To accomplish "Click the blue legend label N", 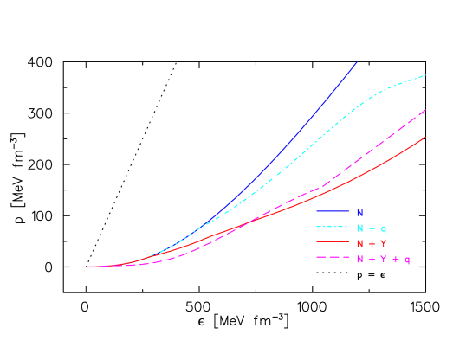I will (359, 212).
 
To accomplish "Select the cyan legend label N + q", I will (371, 228).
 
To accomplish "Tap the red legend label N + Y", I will (371, 243).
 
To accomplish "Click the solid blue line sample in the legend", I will (333, 212).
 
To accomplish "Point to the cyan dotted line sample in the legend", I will (333, 228).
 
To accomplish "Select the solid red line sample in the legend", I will (333, 243).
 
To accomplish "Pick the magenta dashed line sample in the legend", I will (333, 259).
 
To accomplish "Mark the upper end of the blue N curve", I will (358, 61).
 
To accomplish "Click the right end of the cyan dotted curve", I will (426, 76).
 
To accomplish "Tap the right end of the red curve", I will (426, 137).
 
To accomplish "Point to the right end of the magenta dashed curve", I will (426, 110).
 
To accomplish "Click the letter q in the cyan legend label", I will (384, 228).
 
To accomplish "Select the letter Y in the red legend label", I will (384, 243).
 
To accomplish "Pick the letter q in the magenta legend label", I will (407, 260).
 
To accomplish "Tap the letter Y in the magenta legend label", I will (384, 259).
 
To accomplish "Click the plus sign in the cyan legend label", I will (372, 228).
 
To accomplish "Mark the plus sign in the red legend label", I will (372, 243).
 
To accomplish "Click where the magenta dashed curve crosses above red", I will (247, 223).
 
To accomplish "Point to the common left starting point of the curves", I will (87, 267).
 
